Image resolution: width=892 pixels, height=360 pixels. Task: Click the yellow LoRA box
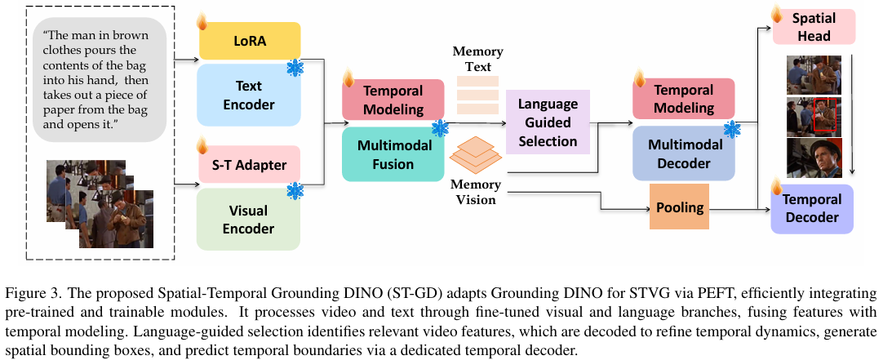tap(249, 41)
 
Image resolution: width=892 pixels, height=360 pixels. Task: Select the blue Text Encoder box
tap(249, 95)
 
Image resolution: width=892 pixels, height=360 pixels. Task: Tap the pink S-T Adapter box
tap(249, 165)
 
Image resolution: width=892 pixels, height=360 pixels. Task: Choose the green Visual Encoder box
tap(249, 220)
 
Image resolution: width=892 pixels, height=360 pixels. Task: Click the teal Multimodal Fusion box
tap(393, 154)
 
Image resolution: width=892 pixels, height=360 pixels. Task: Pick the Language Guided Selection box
tap(548, 122)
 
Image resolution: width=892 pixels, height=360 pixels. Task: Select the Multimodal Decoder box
tap(684, 153)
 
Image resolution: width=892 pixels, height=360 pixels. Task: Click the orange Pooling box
tap(680, 207)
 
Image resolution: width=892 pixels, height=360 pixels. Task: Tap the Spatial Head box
tap(814, 27)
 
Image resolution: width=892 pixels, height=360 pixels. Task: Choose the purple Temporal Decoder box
tap(812, 208)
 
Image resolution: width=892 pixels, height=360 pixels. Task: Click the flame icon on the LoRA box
tap(202, 21)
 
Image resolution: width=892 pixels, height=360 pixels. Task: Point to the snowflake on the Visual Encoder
tap(295, 191)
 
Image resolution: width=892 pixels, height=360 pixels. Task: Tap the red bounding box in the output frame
tap(825, 114)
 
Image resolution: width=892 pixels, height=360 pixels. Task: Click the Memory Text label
tap(478, 59)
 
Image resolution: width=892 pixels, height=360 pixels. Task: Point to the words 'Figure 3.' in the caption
tap(29, 294)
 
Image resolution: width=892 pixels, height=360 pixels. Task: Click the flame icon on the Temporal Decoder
tap(776, 187)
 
